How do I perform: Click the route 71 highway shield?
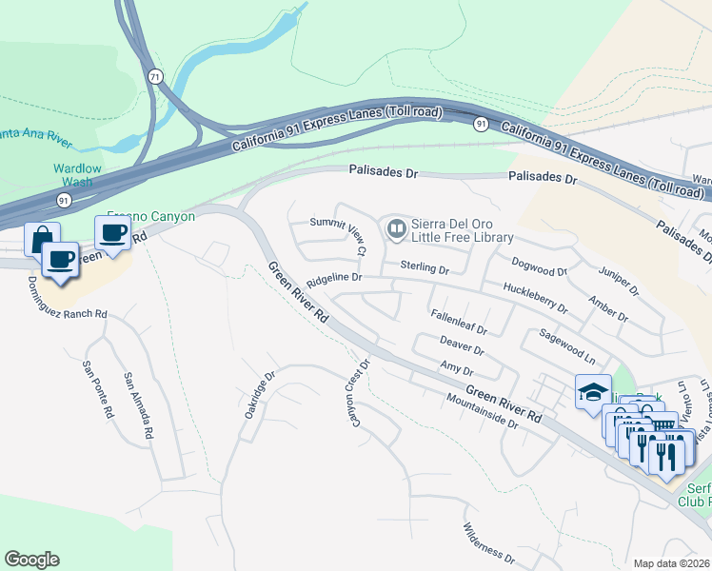coord(153,74)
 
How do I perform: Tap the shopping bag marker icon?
coord(42,239)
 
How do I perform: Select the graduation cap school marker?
coord(592,390)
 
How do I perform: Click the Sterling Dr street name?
coord(424,268)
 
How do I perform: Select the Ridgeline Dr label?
coord(334,278)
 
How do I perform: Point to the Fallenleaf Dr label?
coord(458,323)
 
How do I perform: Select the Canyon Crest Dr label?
coord(356,391)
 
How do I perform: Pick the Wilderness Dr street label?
coord(489,542)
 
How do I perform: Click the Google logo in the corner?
coord(31,560)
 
